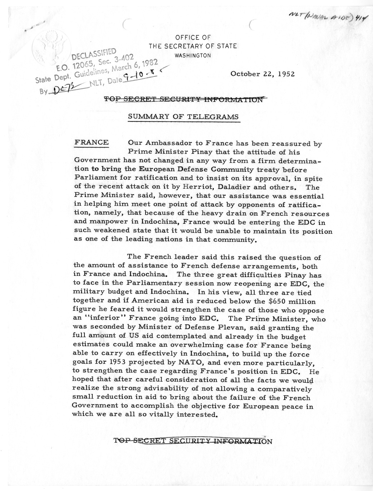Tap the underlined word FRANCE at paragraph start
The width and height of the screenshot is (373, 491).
[91, 143]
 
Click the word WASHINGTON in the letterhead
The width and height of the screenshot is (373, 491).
[192, 55]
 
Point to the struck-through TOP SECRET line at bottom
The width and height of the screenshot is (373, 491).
[193, 441]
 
